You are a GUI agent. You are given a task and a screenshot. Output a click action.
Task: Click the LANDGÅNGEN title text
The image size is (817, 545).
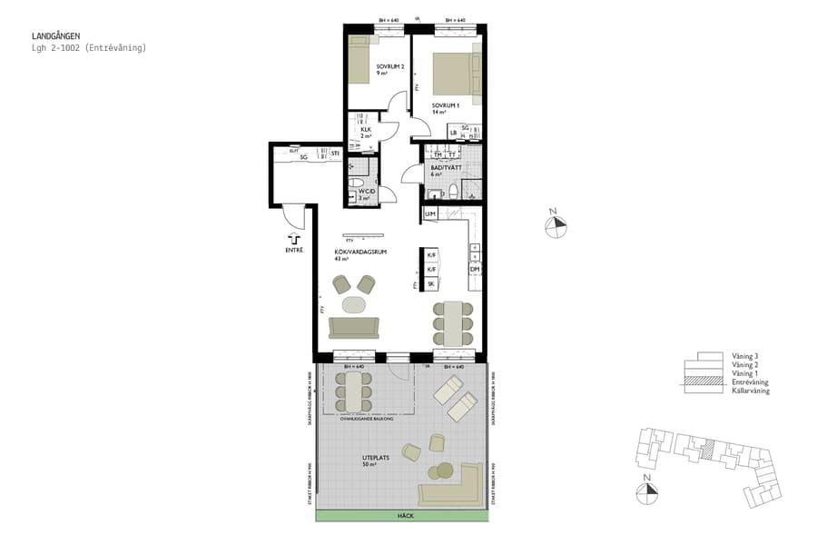click(55, 36)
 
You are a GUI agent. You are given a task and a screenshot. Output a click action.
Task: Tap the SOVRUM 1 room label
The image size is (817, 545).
click(446, 105)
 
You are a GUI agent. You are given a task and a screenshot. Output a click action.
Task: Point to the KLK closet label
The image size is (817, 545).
click(365, 130)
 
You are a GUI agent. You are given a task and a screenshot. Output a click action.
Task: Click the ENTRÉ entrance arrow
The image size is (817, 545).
click(294, 237)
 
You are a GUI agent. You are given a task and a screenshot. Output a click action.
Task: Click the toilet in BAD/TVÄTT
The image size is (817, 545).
click(434, 193)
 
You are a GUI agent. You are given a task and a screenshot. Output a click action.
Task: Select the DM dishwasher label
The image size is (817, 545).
click(474, 270)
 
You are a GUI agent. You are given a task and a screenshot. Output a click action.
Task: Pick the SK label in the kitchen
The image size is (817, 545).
click(432, 284)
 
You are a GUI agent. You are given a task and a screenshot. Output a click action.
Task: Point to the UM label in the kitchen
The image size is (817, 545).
click(431, 213)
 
